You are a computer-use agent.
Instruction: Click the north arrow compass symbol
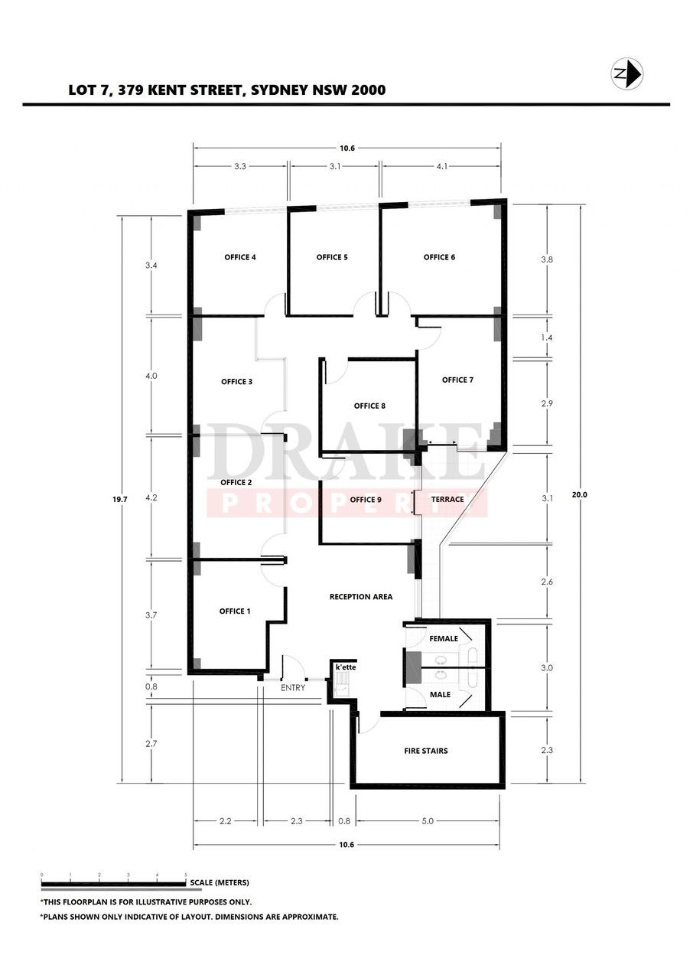coord(626,73)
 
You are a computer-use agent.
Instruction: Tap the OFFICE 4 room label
coord(240,257)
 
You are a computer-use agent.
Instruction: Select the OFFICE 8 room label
coord(369,406)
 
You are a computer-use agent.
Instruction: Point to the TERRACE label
coord(447,500)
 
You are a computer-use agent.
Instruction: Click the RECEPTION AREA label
coord(361,597)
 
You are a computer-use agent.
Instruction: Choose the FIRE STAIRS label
coord(426,751)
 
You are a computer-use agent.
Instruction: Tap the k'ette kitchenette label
coord(346,667)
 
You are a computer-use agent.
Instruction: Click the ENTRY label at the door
coord(293,688)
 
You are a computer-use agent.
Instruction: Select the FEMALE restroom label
coord(444,638)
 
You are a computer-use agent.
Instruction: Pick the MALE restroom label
coord(441,694)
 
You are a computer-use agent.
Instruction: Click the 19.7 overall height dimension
coord(119,500)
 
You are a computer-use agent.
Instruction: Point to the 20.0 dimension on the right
coord(580,494)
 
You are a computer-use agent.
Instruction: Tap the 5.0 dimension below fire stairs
coord(428,821)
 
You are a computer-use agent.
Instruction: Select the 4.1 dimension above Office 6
coord(442,166)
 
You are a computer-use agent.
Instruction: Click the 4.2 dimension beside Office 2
coord(151,497)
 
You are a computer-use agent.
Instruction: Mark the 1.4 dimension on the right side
coord(547,337)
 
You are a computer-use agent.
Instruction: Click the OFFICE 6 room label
coord(440,257)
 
